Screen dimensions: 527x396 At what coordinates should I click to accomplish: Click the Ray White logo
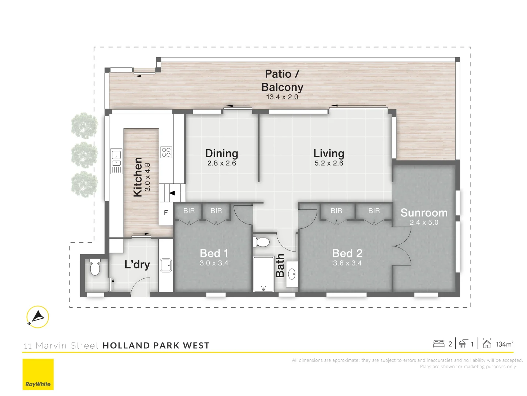click(x=38, y=374)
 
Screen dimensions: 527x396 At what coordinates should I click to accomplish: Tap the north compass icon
click(x=38, y=317)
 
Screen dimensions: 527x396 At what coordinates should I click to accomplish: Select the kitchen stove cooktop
click(x=166, y=152)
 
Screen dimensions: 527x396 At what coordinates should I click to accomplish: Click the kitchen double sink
click(x=116, y=161)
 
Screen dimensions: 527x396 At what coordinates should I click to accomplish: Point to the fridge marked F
click(x=166, y=213)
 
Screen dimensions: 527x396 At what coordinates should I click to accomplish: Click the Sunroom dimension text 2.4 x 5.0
click(x=424, y=223)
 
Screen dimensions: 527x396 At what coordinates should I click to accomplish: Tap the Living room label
click(x=329, y=153)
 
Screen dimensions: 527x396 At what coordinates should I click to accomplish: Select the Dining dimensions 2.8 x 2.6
click(x=222, y=163)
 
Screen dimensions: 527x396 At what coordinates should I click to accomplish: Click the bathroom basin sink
click(x=292, y=274)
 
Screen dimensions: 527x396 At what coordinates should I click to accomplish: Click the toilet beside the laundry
click(x=95, y=267)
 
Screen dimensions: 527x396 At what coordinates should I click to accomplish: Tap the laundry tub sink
click(x=166, y=265)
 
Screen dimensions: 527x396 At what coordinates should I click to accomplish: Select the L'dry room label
click(x=137, y=265)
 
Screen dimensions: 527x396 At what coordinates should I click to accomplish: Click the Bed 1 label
click(x=214, y=253)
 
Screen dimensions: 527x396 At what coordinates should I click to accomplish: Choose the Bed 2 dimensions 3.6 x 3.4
click(x=347, y=263)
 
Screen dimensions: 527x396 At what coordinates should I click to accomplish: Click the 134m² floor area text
click(x=505, y=344)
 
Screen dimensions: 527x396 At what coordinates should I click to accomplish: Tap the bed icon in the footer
click(x=439, y=344)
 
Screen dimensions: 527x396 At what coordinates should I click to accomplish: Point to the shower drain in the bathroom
click(x=263, y=288)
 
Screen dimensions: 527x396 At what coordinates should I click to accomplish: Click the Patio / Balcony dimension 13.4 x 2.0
click(x=282, y=97)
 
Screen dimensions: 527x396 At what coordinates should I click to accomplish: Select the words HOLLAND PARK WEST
click(x=156, y=345)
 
